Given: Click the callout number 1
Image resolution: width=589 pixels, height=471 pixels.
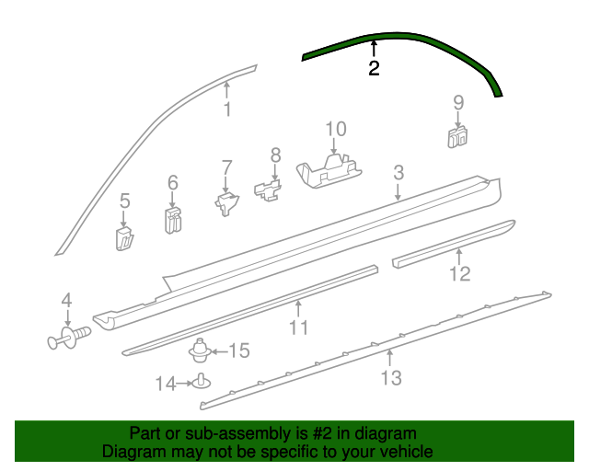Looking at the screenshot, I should click(226, 111).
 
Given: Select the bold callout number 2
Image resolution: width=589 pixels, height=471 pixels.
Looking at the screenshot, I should click(374, 69).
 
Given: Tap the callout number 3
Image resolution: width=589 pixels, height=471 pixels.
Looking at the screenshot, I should click(398, 172).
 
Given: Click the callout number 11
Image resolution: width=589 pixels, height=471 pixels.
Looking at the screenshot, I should click(298, 328).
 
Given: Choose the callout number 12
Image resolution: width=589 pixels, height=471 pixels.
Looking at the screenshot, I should click(459, 273).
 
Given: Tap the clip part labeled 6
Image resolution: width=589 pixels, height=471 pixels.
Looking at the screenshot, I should click(172, 220).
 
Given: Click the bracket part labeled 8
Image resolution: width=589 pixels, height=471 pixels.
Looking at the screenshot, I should click(267, 191).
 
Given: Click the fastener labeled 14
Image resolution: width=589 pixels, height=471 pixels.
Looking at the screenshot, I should click(201, 383).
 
